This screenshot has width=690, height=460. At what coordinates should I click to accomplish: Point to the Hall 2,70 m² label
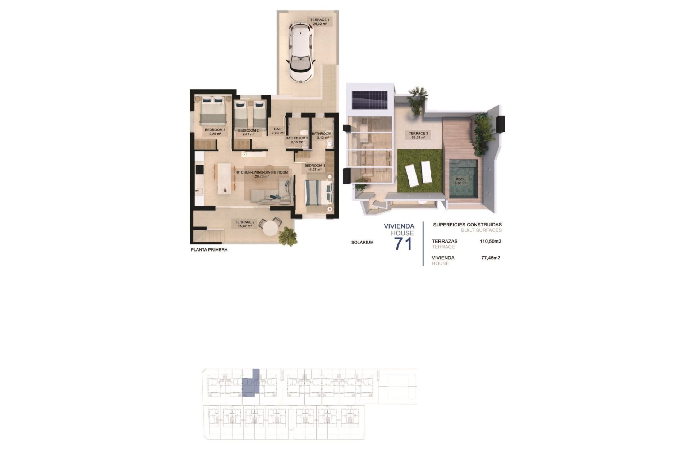(x=278, y=131)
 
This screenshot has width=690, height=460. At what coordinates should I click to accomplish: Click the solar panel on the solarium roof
(x=369, y=100)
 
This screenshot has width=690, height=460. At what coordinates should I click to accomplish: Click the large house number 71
(x=403, y=244)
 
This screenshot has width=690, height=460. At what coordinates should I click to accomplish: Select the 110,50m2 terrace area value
(x=490, y=241)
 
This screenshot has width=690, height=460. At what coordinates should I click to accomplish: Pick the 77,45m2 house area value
(x=491, y=258)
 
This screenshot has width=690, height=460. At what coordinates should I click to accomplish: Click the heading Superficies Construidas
(x=467, y=225)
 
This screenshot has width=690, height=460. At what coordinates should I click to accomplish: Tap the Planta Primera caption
(x=209, y=250)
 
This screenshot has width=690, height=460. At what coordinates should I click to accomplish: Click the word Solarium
(x=362, y=243)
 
